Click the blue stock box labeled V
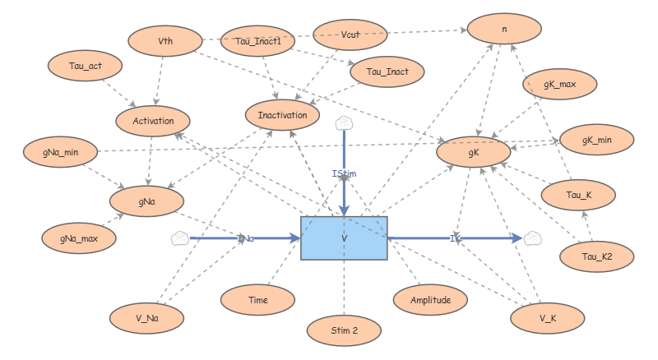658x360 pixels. point(344,238)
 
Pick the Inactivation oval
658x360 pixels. point(281,115)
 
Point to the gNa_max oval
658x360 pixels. point(78,238)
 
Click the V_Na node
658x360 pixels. point(146,316)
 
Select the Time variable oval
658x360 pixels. point(257,301)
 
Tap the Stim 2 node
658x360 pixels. point(344,330)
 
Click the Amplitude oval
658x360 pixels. point(431,300)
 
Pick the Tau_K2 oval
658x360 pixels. point(596,256)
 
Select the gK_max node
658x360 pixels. point(559,85)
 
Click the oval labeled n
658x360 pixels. point(503,29)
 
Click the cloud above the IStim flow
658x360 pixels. point(344,123)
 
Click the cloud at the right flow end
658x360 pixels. point(533,238)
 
